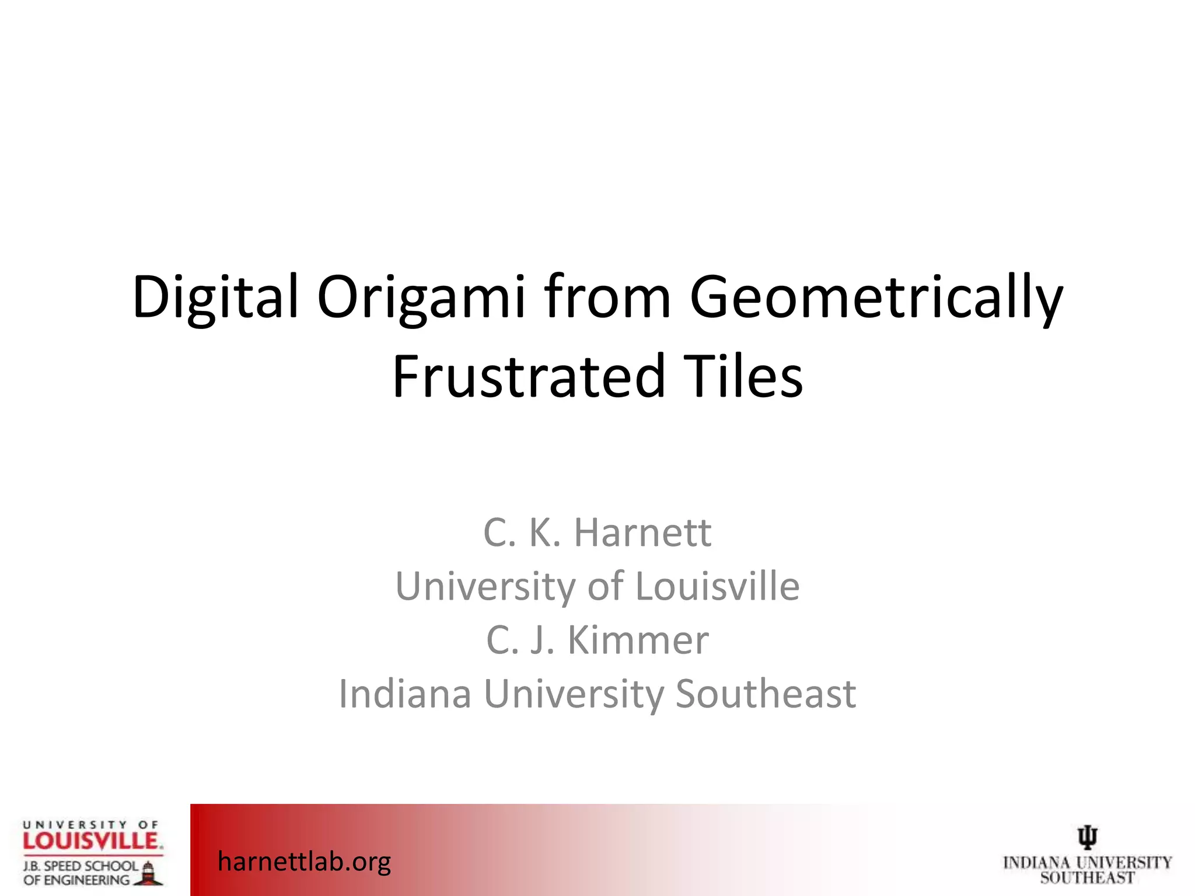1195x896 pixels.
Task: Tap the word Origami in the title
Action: pos(421,297)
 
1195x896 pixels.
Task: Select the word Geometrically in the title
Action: pos(876,297)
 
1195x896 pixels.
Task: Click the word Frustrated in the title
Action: pos(529,376)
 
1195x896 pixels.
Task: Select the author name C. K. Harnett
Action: pos(597,533)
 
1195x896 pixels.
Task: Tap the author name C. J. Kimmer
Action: pos(597,640)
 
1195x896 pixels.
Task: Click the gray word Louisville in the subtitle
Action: pos(717,586)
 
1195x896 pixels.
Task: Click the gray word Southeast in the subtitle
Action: pos(766,694)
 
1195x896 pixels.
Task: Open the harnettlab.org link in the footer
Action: pos(304,861)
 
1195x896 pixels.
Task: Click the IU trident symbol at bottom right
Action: pos(1087,837)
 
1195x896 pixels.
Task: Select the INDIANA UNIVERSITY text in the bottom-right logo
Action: pos(1087,863)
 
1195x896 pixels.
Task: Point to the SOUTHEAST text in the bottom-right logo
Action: pos(1087,877)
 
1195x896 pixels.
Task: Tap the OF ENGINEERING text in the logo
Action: pos(76,880)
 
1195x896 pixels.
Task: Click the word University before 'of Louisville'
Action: pos(485,586)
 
